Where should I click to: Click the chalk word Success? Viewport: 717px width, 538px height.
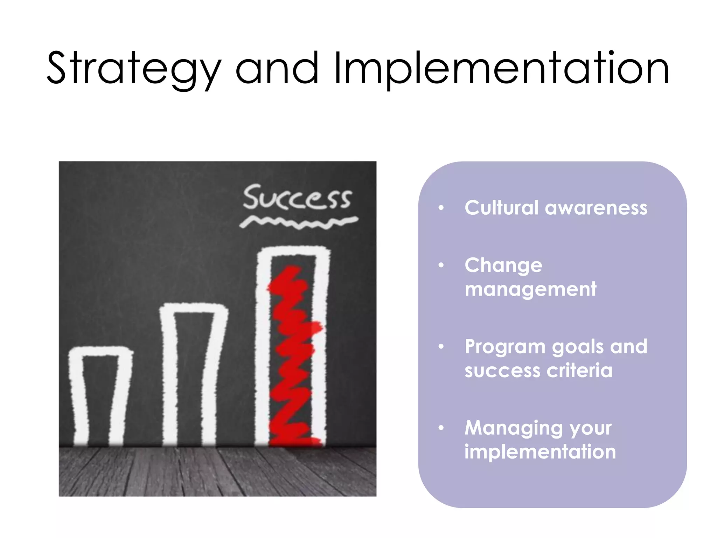coord(297,198)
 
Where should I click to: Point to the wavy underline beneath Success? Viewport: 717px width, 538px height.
coord(299,223)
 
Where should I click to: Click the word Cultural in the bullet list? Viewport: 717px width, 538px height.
coord(501,208)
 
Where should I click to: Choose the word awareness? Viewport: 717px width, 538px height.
coord(596,208)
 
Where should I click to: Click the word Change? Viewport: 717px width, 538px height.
coord(503,265)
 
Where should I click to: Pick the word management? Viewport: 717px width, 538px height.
coord(530,289)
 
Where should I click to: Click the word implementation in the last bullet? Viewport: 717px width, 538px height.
coord(540,452)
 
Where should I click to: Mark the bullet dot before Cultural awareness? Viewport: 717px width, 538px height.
coord(441,208)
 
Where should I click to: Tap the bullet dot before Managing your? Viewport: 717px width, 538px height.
coord(441,428)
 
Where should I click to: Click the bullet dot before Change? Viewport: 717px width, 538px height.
coord(441,265)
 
